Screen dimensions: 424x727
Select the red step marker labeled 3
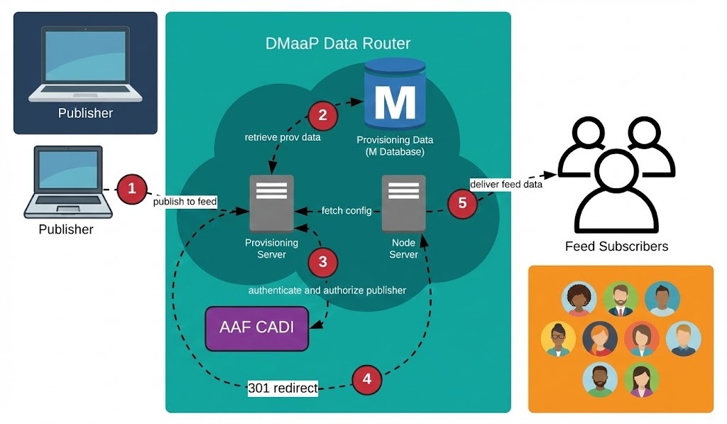323,262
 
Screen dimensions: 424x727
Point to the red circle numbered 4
366,379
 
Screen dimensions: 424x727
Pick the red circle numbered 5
462,203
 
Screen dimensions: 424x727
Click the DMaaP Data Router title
338,43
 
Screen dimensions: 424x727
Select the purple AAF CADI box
256,328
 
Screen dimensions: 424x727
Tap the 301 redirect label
283,388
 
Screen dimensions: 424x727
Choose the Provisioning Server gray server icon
271,204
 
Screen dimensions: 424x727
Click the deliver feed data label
506,185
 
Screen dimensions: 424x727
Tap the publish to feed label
185,202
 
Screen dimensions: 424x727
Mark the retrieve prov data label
283,137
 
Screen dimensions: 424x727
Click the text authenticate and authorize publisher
327,290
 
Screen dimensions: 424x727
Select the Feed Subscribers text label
616,246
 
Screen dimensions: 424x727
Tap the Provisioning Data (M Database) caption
395,146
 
